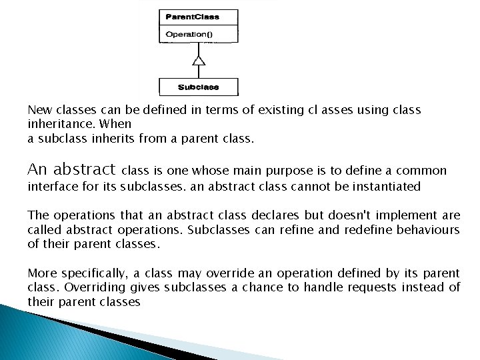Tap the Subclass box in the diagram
[198, 87]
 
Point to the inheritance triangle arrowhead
[198, 61]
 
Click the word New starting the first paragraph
[38, 109]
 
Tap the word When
[118, 124]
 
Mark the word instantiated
[387, 187]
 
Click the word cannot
[310, 187]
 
